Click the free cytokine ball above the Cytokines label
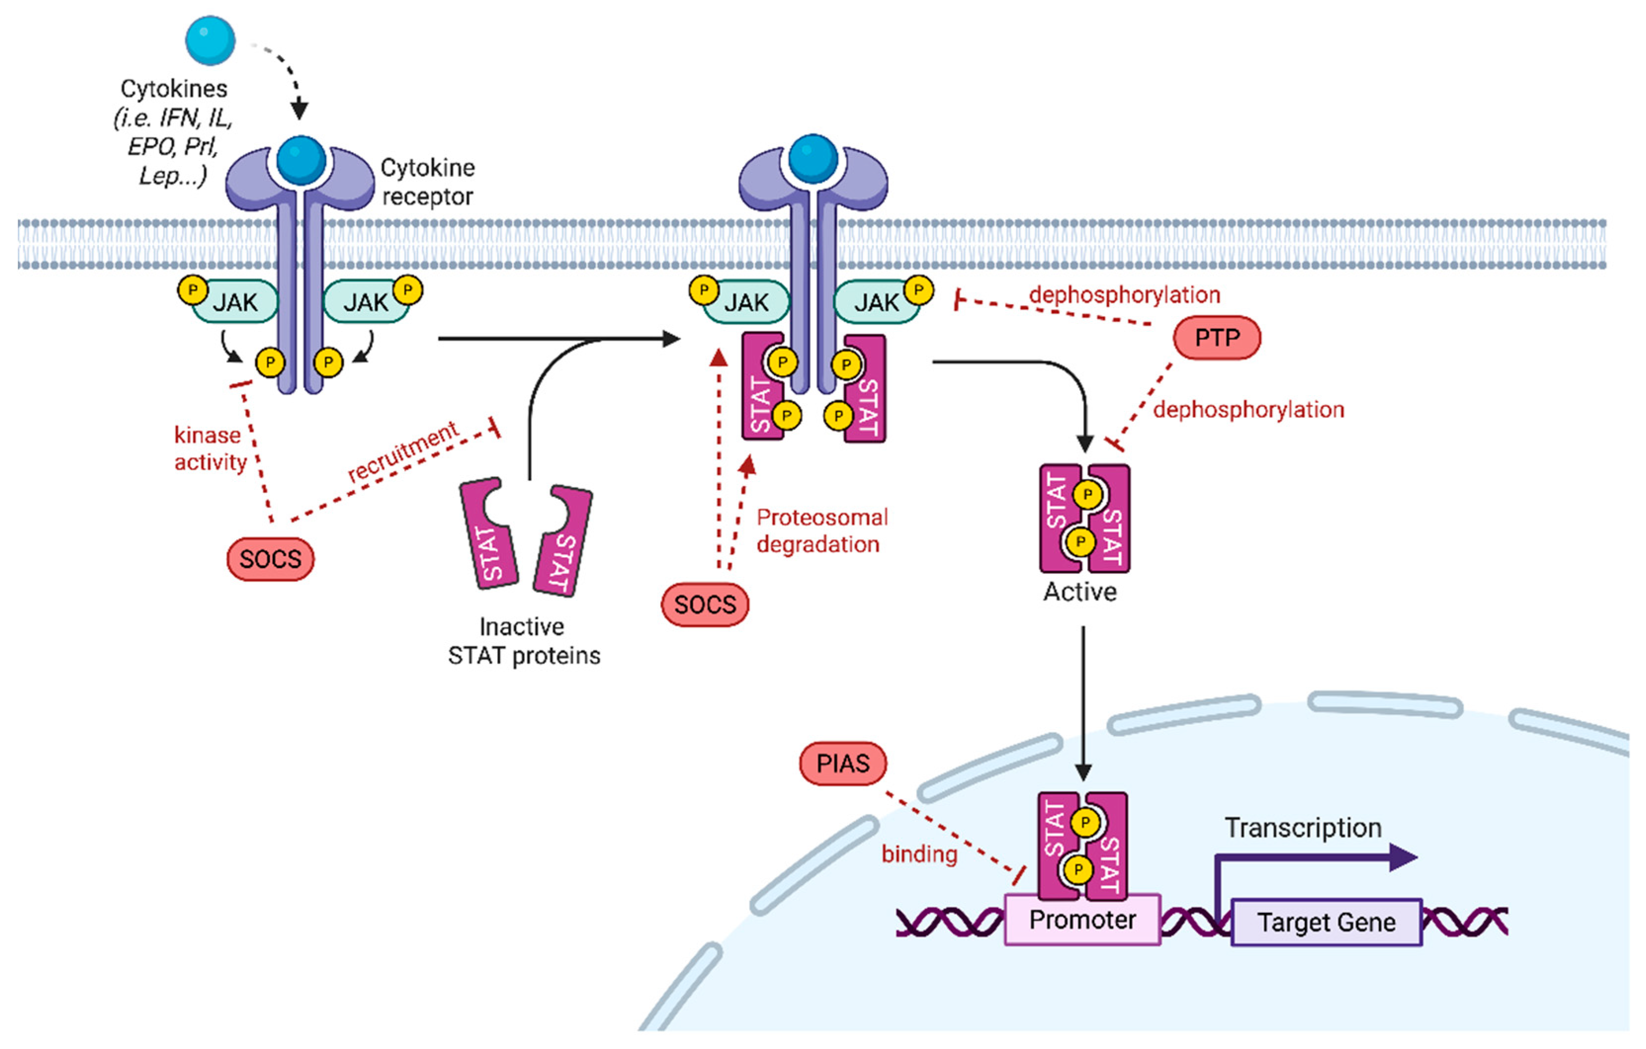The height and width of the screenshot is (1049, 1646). point(210,40)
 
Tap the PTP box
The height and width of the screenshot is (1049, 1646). point(1216,338)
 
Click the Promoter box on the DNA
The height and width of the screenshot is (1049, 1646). point(1082,920)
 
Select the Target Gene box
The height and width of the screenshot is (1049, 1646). point(1326,923)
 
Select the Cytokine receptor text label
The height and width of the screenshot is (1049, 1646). point(427,182)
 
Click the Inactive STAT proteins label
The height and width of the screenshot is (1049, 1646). point(524,641)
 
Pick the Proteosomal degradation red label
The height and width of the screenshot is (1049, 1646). point(822,531)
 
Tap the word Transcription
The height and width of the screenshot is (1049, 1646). point(1302,828)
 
